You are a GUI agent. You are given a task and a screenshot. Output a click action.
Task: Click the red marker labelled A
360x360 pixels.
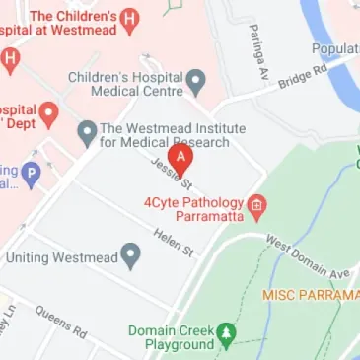coord(180,157)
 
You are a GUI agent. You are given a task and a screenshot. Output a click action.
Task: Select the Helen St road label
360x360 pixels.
coord(174,243)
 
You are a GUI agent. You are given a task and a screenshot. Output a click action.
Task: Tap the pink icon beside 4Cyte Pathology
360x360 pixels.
coord(257,206)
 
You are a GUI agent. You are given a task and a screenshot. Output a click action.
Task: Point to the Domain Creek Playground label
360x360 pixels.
coord(173,337)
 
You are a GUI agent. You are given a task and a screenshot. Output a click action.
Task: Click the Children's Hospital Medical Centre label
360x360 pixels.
coord(125,84)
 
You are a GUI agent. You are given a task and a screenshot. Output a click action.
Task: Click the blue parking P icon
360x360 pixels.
coord(32,175)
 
